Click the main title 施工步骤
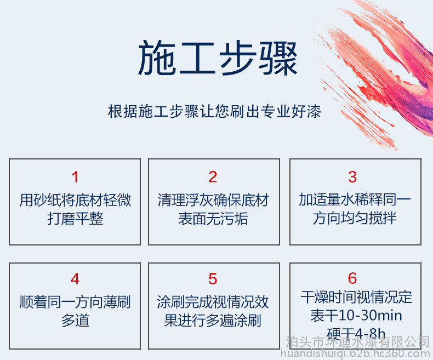click(x=218, y=58)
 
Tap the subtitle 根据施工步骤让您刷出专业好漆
click(x=214, y=112)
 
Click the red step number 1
click(x=75, y=177)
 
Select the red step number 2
click(x=213, y=177)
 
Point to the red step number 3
click(x=352, y=177)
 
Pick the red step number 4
click(x=75, y=279)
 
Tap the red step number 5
click(x=213, y=279)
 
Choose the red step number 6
click(x=352, y=278)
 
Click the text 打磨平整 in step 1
click(x=75, y=219)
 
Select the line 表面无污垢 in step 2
click(x=213, y=219)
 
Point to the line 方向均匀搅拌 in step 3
click(x=355, y=218)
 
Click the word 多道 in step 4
click(x=75, y=321)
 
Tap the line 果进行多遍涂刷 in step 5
click(x=213, y=321)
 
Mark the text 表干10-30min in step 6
click(x=356, y=315)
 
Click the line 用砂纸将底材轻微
click(x=75, y=200)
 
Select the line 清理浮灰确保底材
click(x=213, y=200)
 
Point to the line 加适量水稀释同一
click(x=355, y=199)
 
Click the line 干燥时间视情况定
click(x=356, y=297)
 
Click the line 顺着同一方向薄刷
click(x=75, y=302)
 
